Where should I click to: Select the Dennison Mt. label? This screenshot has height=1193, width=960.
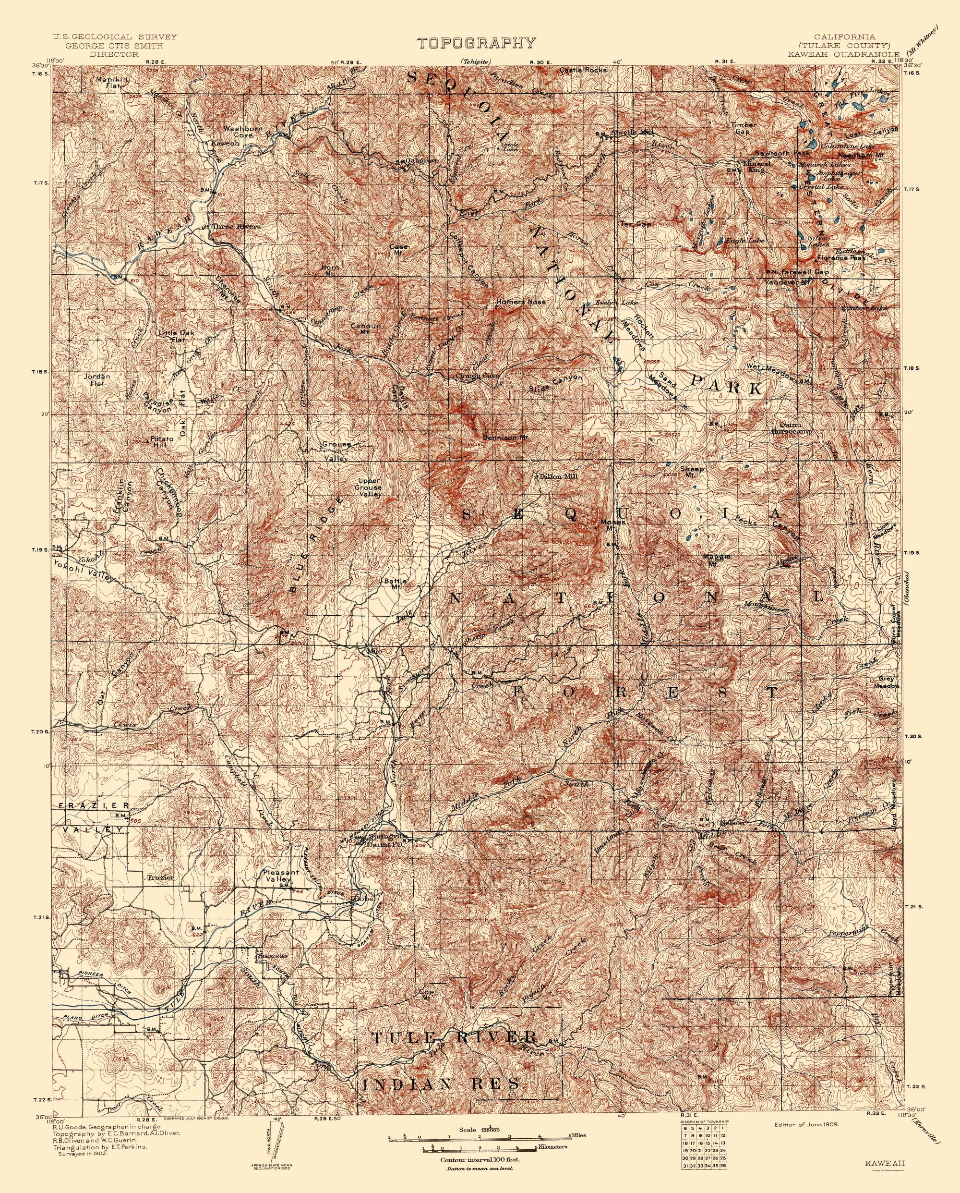(506, 437)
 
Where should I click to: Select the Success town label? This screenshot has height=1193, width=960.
(272, 955)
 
